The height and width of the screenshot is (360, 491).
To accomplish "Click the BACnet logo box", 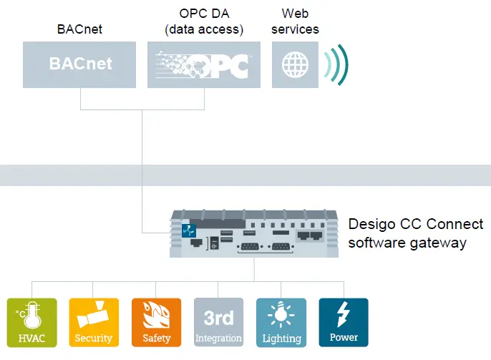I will pyautogui.click(x=80, y=64).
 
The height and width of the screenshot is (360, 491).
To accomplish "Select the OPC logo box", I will pyautogui.click(x=203, y=64).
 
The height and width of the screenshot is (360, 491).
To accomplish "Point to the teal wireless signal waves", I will pyautogui.click(x=336, y=64).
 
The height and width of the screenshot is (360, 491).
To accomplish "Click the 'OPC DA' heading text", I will pyautogui.click(x=203, y=14).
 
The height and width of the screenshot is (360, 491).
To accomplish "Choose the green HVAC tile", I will pyautogui.click(x=31, y=323).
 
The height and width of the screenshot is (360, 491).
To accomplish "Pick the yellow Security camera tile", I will pyautogui.click(x=93, y=323).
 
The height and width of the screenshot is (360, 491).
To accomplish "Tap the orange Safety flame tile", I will pyautogui.click(x=156, y=323).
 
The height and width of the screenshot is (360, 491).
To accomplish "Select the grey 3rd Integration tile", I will pyautogui.click(x=218, y=323).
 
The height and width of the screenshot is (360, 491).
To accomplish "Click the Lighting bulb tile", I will pyautogui.click(x=281, y=323).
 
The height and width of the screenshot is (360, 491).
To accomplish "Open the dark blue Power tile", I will pyautogui.click(x=344, y=323).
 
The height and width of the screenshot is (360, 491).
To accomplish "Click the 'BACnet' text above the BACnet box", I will pyautogui.click(x=79, y=29).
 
